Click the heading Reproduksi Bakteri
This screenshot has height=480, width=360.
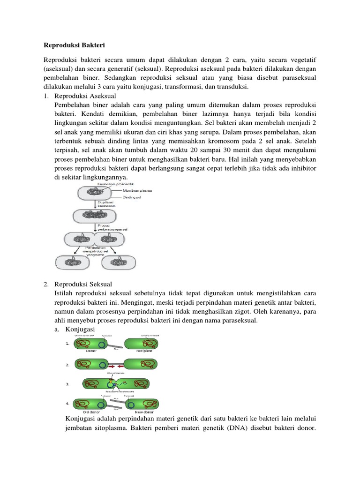coord(74,45)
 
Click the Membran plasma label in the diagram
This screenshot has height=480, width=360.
coord(140,191)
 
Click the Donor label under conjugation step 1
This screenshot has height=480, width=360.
coord(92,350)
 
